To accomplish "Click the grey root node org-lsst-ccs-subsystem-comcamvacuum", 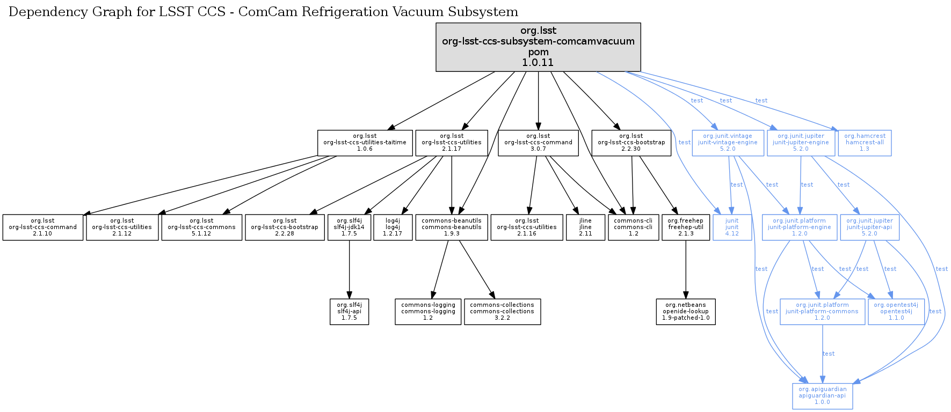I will coord(538,47).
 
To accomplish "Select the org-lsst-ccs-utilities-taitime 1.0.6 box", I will coord(365,143).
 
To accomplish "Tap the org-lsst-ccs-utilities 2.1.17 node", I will coord(451,143).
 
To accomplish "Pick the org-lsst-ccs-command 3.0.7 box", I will coord(538,143).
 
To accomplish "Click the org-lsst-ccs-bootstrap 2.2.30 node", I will coord(631,143).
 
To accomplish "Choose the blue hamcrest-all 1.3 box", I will coord(865,143).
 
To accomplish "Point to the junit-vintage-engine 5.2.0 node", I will coord(728,143).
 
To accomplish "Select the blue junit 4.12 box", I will coord(732,227).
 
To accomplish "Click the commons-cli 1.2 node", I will coord(633,227).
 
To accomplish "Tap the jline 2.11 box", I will coord(585,227).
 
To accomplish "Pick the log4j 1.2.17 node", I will coord(393,227).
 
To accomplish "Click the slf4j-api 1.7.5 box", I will coord(349,312).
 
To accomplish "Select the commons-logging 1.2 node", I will coord(428,312).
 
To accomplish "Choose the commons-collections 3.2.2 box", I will coord(502,312).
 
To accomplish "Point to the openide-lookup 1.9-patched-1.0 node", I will coord(686,312).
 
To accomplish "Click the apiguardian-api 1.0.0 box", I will coord(822,396).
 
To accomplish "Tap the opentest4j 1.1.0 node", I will coord(896,312).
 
